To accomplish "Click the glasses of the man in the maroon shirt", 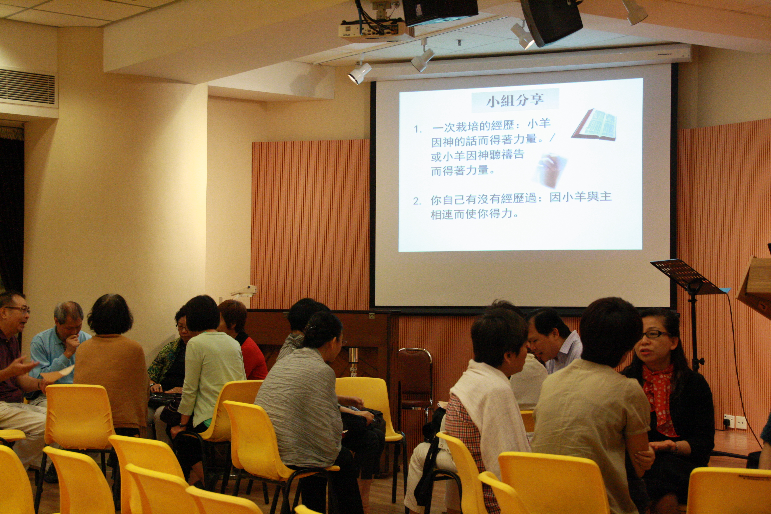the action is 18,309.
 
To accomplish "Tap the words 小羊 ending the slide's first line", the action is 539,125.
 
